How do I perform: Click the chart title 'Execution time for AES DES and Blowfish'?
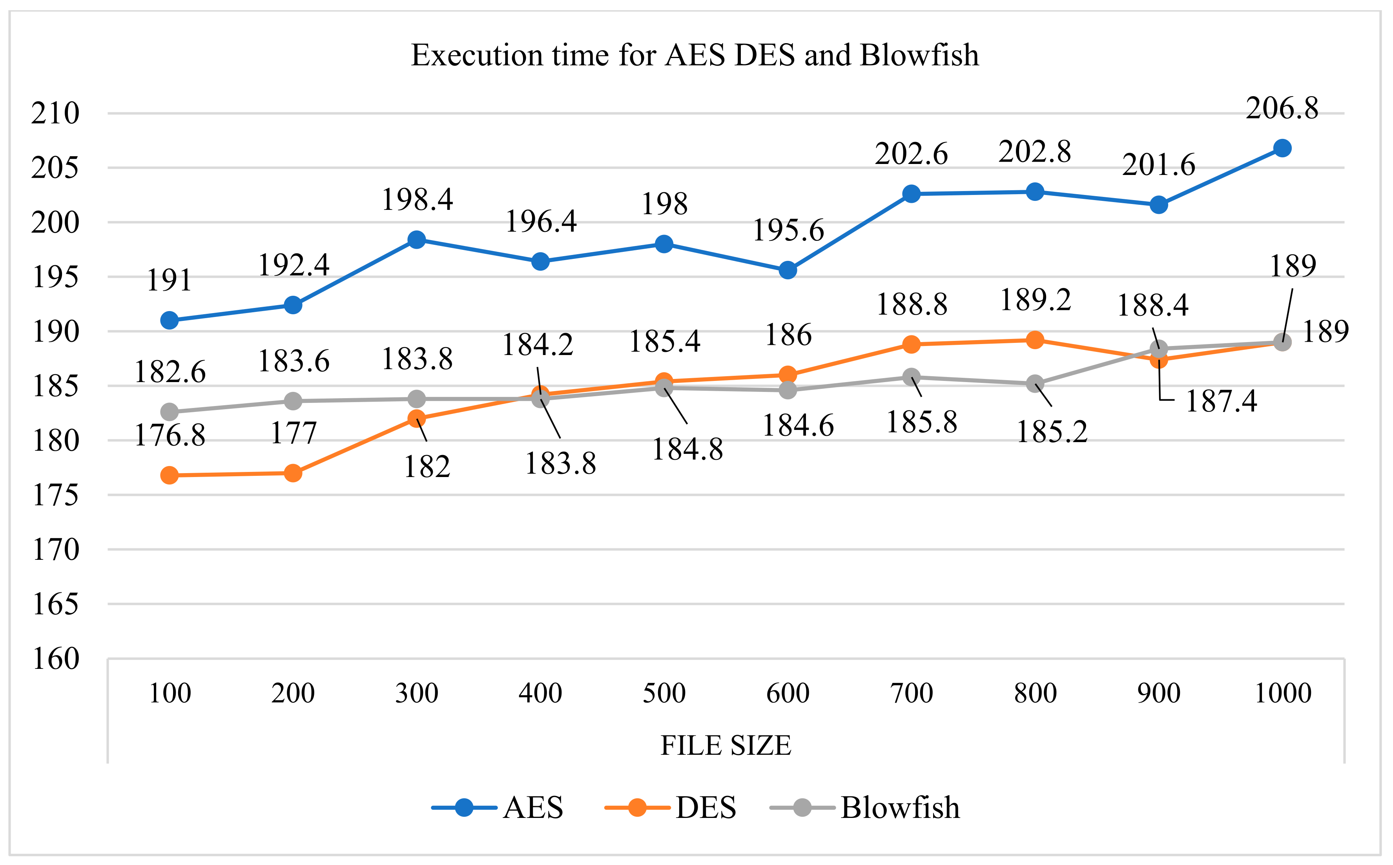695,55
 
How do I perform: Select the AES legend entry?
498,808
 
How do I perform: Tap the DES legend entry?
671,808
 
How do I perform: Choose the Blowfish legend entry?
865,808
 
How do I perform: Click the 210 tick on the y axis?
55,113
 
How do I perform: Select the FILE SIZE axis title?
726,745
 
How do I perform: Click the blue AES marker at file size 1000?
1283,148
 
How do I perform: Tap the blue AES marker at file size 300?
417,240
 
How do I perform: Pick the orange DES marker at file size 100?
170,475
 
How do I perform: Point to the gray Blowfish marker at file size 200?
293,401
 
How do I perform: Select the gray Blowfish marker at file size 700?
911,377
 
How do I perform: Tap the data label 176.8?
170,436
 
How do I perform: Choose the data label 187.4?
1222,401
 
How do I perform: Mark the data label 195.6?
788,231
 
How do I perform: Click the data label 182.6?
170,372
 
